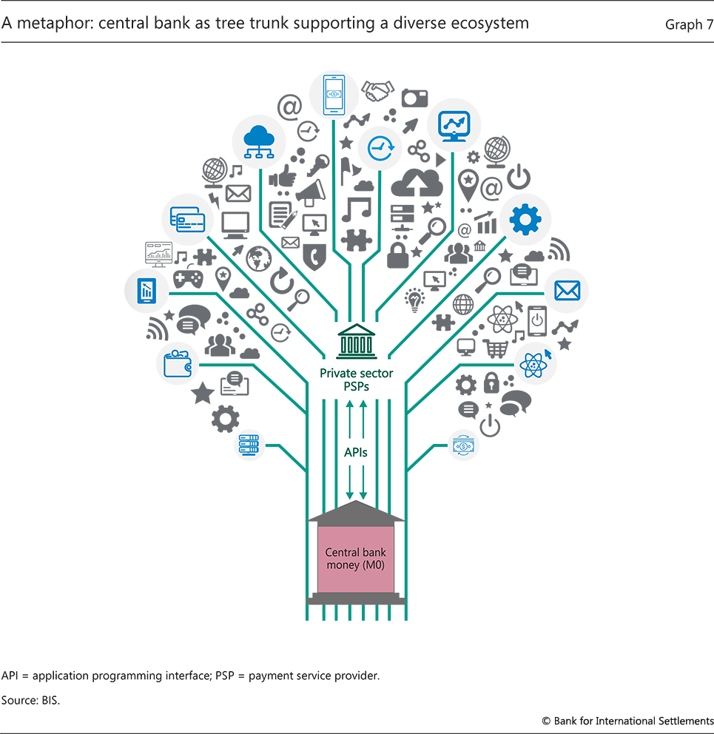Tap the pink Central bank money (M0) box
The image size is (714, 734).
(356, 559)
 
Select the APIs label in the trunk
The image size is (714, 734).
(355, 451)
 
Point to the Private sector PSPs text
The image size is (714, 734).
(355, 379)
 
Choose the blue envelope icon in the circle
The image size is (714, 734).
(567, 291)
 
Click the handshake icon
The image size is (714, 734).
(378, 91)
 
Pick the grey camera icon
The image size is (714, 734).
(414, 97)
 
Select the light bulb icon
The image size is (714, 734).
(414, 300)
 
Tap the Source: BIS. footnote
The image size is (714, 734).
(30, 699)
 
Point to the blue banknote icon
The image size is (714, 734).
(464, 445)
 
